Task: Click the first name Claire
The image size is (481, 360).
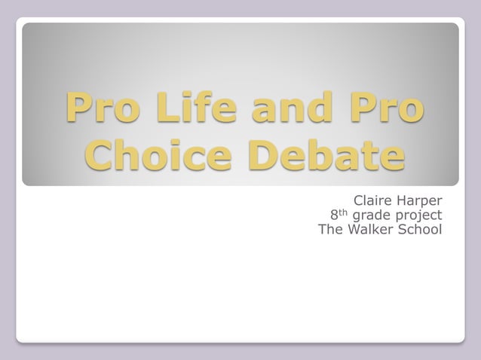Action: coord(373,202)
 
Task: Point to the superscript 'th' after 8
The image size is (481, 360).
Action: coord(345,212)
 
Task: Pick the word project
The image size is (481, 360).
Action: coord(418,217)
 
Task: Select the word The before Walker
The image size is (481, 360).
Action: coord(332,230)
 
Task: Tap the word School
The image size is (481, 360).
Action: coord(421,230)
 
